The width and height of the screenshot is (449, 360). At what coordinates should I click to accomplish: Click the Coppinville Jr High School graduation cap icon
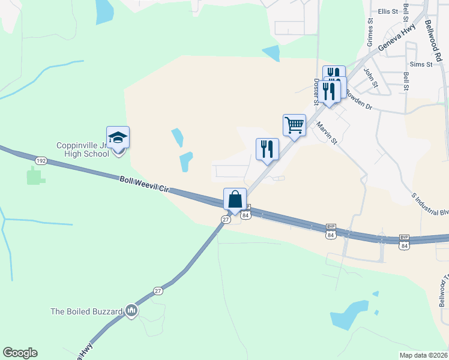(118, 137)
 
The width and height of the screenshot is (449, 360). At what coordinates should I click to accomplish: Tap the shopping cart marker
(294, 125)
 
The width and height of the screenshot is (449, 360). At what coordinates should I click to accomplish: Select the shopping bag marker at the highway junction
(235, 199)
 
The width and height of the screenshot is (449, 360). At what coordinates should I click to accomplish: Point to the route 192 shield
(41, 161)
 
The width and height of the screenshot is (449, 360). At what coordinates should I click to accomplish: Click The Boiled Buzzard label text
(86, 311)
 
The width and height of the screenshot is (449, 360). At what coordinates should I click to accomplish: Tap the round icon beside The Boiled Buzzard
(131, 311)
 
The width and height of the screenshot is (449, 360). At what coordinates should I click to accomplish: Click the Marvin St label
(327, 134)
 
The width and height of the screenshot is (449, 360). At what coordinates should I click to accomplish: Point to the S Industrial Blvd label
(430, 204)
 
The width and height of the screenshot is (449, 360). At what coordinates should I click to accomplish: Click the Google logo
(20, 353)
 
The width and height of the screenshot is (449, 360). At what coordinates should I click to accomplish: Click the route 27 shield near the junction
(225, 220)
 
